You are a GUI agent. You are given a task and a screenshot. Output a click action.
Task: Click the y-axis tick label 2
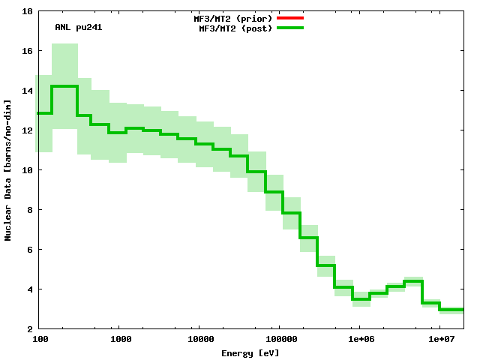(x=28, y=329)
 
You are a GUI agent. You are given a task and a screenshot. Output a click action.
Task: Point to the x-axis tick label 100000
(x=278, y=340)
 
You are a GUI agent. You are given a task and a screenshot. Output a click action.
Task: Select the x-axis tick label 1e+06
(x=359, y=340)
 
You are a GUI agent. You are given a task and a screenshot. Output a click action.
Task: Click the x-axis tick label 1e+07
(x=440, y=340)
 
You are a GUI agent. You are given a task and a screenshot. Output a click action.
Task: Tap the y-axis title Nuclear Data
(x=8, y=170)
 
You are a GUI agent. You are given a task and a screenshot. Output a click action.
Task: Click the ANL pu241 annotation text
(x=79, y=28)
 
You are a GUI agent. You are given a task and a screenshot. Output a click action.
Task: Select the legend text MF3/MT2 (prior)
(x=232, y=18)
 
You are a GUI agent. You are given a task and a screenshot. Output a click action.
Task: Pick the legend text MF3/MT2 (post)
(x=235, y=28)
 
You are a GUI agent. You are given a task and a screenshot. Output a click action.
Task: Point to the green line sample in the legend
(x=289, y=28)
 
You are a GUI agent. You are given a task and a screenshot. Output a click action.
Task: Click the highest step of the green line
(x=64, y=86)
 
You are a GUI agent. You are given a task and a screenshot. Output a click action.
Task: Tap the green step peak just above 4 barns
(x=413, y=281)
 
